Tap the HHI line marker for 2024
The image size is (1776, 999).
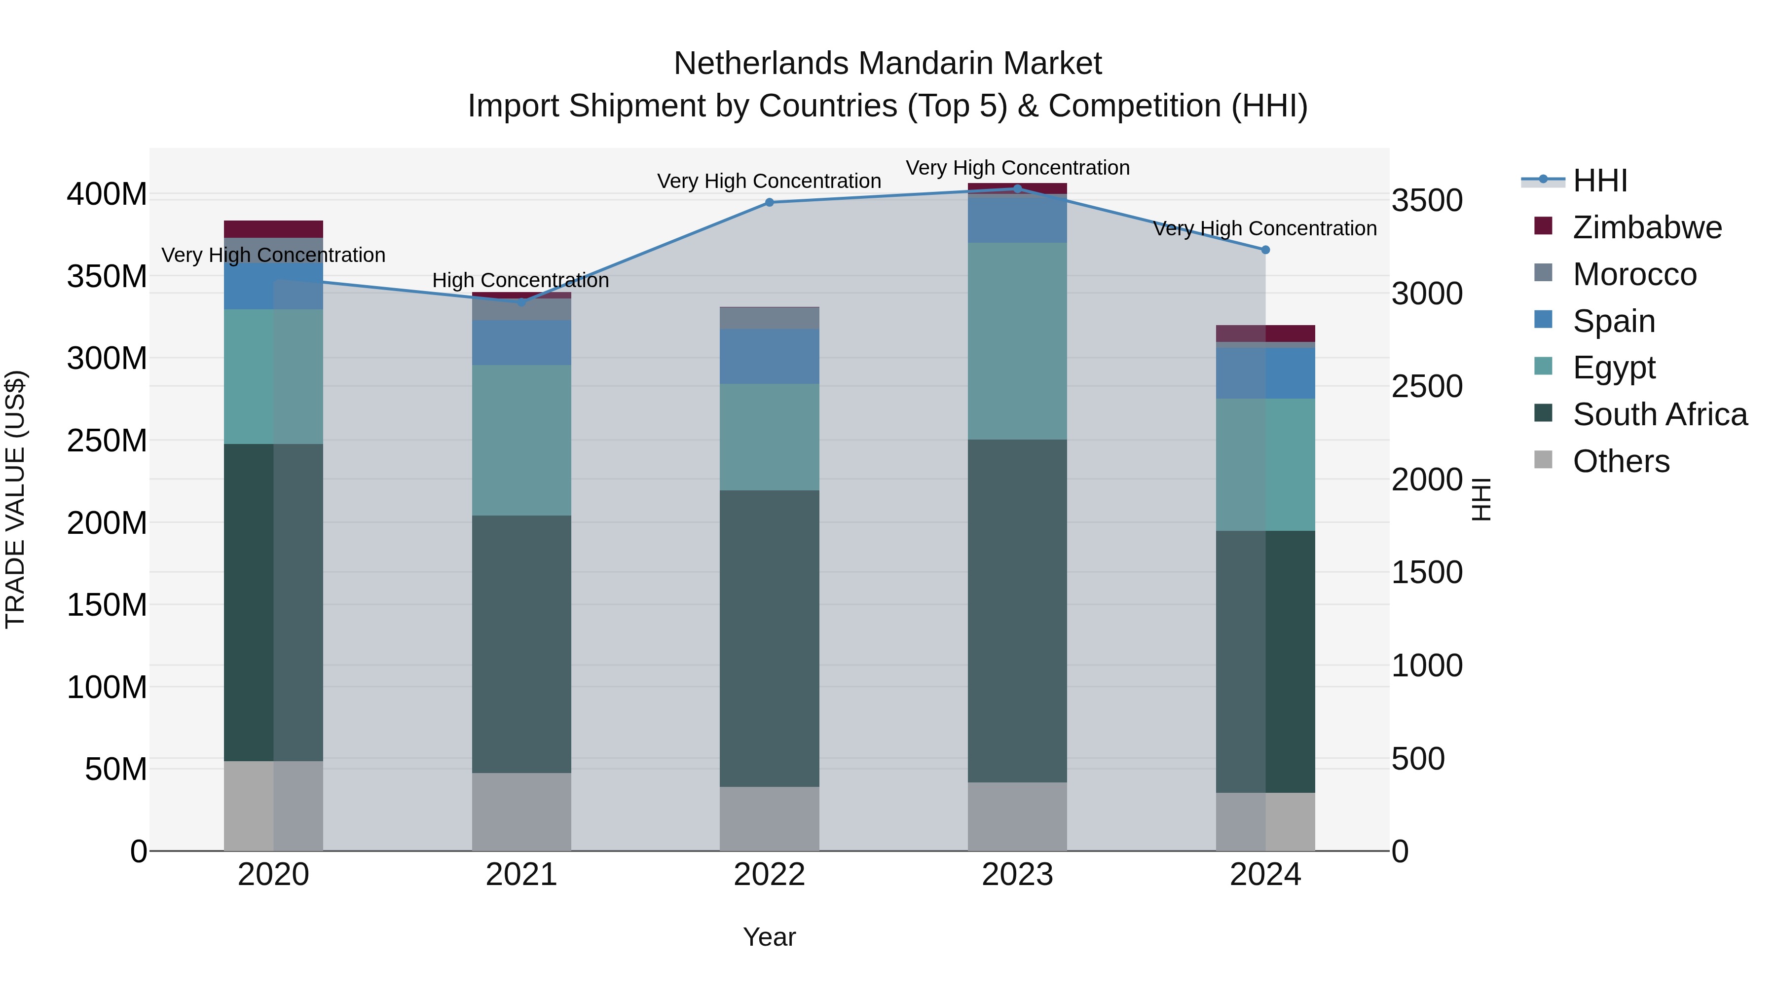click(1265, 250)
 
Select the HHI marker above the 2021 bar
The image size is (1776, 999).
click(521, 302)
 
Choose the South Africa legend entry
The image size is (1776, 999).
click(1660, 414)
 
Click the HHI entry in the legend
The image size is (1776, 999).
click(1599, 181)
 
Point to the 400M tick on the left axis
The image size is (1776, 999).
click(107, 194)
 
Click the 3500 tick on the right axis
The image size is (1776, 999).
click(1426, 201)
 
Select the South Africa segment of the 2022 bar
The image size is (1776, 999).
click(770, 638)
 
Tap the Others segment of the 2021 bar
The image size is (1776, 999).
click(521, 812)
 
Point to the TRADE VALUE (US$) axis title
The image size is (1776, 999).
click(15, 499)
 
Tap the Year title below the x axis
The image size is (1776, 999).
click(770, 937)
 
